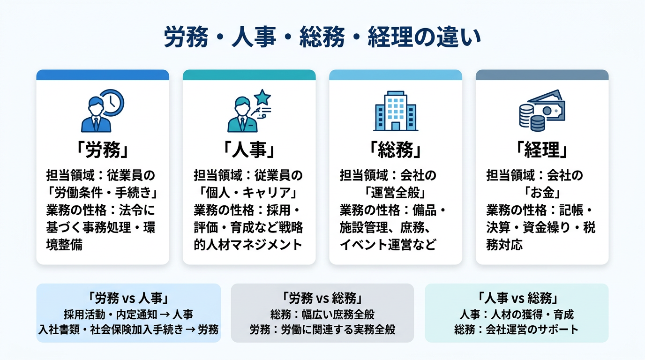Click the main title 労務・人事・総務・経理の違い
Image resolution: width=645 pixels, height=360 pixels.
pos(322,37)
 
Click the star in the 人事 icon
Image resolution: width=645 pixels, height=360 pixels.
pos(262,97)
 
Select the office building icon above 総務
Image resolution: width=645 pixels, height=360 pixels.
pos(396,111)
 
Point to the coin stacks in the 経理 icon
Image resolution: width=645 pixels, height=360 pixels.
pos(532,118)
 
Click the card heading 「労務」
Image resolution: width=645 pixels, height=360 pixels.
pos(103,150)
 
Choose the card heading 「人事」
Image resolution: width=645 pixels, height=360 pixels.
pos(249,150)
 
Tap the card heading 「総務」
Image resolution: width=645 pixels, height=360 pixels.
pos(396,150)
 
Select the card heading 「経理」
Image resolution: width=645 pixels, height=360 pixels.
pos(542,150)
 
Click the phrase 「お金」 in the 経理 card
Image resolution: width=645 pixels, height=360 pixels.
pos(542,193)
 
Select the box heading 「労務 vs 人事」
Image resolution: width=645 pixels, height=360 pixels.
pos(128,298)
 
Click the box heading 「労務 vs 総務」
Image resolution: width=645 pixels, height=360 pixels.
pos(322,298)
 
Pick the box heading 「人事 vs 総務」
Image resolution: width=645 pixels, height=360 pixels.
pos(517,298)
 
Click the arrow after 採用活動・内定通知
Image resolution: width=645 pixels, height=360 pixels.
pos(165,315)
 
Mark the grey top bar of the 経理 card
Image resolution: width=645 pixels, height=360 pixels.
pos(542,75)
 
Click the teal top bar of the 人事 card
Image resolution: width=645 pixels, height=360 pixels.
pos(249,75)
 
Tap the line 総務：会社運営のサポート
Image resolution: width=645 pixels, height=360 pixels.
pos(517,330)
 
